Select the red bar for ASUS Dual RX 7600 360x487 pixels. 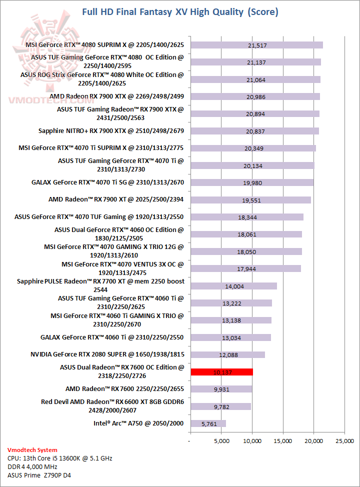pyautogui.click(x=221, y=372)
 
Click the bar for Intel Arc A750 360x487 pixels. pyautogui.click(x=208, y=423)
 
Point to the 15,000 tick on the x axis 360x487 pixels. pyautogui.click(x=283, y=440)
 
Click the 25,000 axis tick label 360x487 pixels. pyautogui.click(x=344, y=440)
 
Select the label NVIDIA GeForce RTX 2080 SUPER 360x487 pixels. pyautogui.click(x=107, y=354)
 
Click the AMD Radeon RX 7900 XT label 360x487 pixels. pyautogui.click(x=116, y=199)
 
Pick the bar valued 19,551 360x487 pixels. pyautogui.click(x=250, y=200)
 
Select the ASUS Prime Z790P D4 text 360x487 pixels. pyautogui.click(x=39, y=475)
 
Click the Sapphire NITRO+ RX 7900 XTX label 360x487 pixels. pyautogui.click(x=111, y=131)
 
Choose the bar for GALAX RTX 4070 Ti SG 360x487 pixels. pyautogui.click(x=251, y=182)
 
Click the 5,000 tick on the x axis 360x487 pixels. pyautogui.click(x=221, y=440)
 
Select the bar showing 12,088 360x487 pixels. pyautogui.click(x=227, y=354)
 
